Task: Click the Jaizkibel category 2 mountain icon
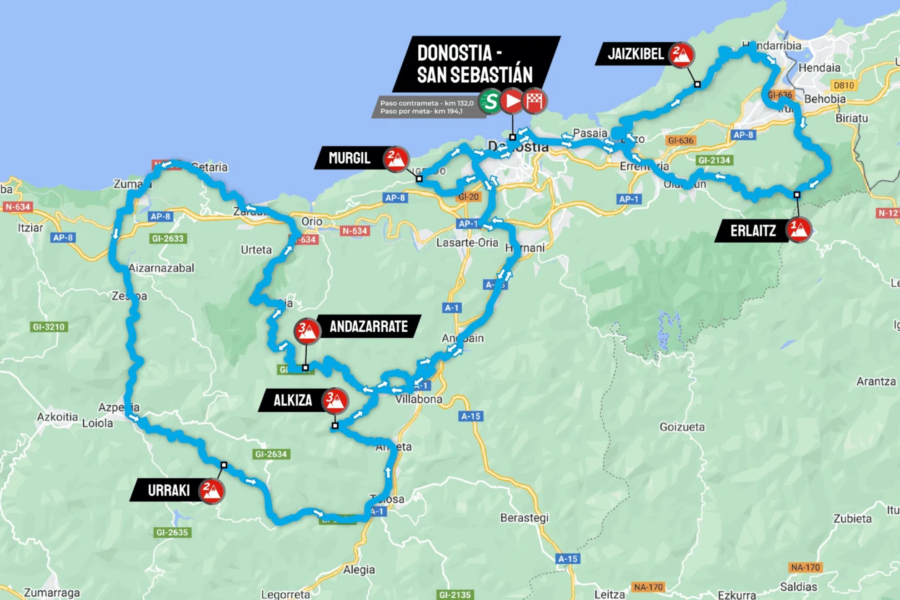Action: (x=681, y=55)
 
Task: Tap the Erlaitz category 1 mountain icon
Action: (x=799, y=230)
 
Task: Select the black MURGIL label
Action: (x=349, y=158)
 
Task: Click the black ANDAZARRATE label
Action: (x=368, y=326)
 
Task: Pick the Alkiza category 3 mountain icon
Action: (x=335, y=400)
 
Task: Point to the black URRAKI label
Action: (x=168, y=490)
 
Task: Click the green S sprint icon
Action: (x=490, y=101)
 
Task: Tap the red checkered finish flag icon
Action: (x=534, y=101)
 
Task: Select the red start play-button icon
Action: (x=512, y=101)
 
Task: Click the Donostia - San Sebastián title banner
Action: (x=475, y=64)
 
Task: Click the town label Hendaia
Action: (x=819, y=68)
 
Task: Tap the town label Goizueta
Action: (x=682, y=427)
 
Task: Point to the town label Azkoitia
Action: (x=57, y=417)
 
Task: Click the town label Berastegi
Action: (x=524, y=518)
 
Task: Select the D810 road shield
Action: (x=844, y=85)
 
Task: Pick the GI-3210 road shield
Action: (x=49, y=327)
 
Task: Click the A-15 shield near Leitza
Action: (x=567, y=559)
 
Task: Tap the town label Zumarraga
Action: (x=52, y=593)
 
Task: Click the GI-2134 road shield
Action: (x=714, y=160)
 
